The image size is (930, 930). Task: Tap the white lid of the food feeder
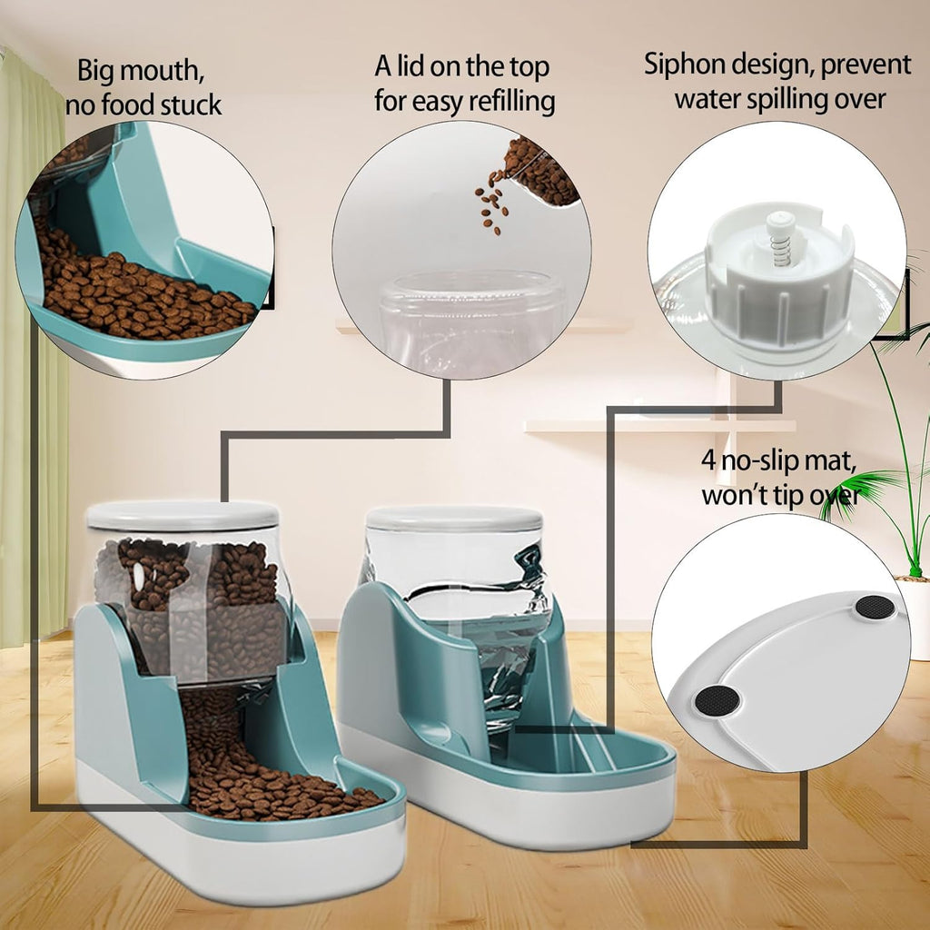coord(183,516)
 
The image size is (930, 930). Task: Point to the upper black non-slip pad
coord(876,608)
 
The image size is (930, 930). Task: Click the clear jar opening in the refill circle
coord(472,291)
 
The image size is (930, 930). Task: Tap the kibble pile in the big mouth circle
coord(136,291)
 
